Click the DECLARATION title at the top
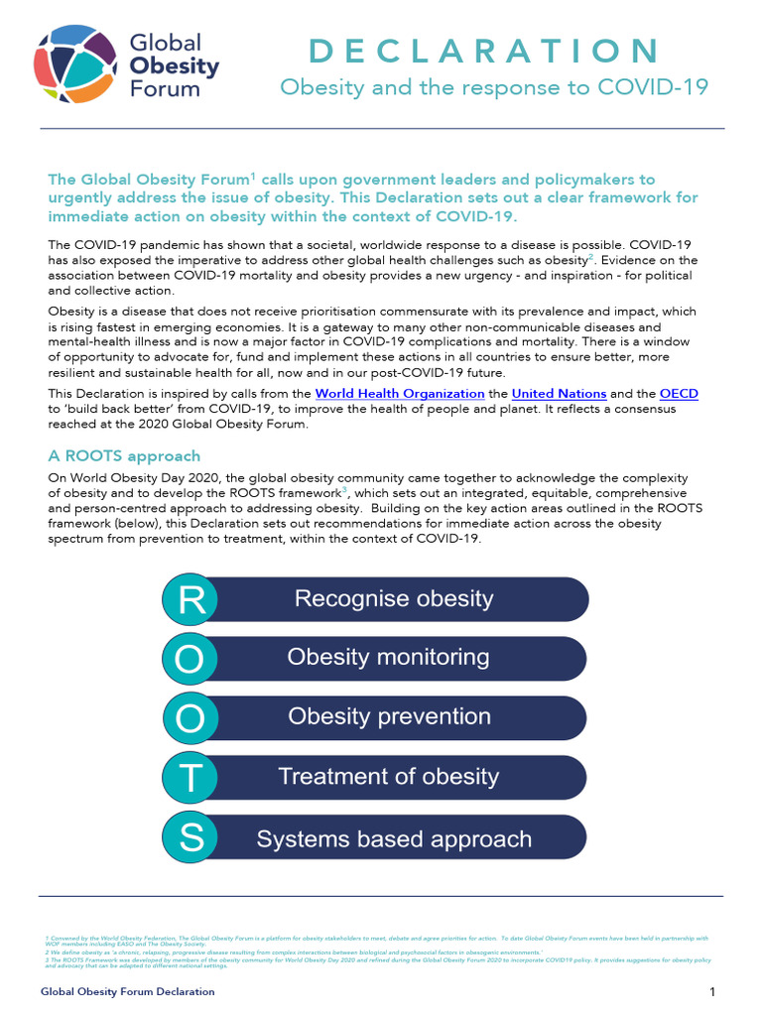coord(484,51)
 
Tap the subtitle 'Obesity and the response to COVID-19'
coord(493,87)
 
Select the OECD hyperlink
coord(679,394)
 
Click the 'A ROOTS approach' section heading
coord(124,456)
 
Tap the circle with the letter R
coord(191,599)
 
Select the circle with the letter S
coord(191,838)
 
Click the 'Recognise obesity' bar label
coord(393,599)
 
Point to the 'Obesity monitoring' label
coord(388,657)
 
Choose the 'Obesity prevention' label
coord(389,716)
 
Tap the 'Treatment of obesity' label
coord(388,777)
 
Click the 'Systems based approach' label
coord(394,839)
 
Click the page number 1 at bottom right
coord(712,992)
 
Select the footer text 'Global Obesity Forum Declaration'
coord(127,992)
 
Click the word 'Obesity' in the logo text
coord(175,65)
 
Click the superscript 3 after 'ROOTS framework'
coord(344,490)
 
